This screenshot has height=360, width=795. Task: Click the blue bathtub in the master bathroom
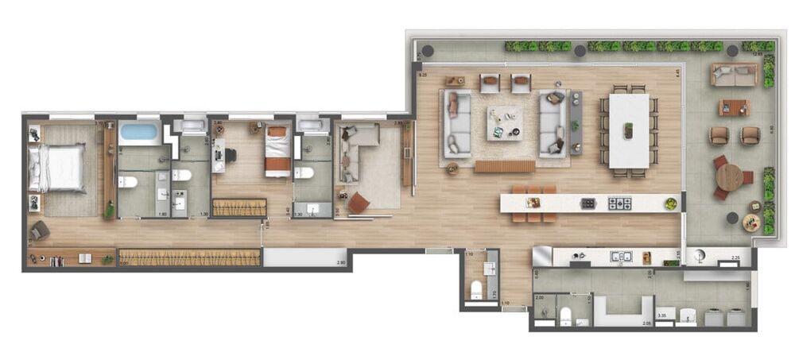[x=139, y=132]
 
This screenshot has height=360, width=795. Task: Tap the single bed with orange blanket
[x=277, y=150]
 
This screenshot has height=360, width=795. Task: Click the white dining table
[x=629, y=131]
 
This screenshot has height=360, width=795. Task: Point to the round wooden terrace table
[x=729, y=176]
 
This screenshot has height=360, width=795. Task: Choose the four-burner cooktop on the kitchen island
[x=619, y=203]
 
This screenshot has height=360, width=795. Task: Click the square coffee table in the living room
[x=505, y=122]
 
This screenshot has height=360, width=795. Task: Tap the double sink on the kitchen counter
[x=620, y=257]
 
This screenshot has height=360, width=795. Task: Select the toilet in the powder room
[x=476, y=289]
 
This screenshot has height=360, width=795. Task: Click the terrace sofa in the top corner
[x=735, y=75]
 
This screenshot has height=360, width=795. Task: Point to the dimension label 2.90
[x=341, y=262]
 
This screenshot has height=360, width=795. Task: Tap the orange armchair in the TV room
[x=359, y=203]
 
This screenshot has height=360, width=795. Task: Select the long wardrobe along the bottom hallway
[x=189, y=258]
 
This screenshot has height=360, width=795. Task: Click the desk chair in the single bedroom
[x=231, y=155]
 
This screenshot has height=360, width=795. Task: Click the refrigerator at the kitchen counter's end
[x=542, y=256]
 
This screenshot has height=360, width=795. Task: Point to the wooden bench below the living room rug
[x=504, y=166]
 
